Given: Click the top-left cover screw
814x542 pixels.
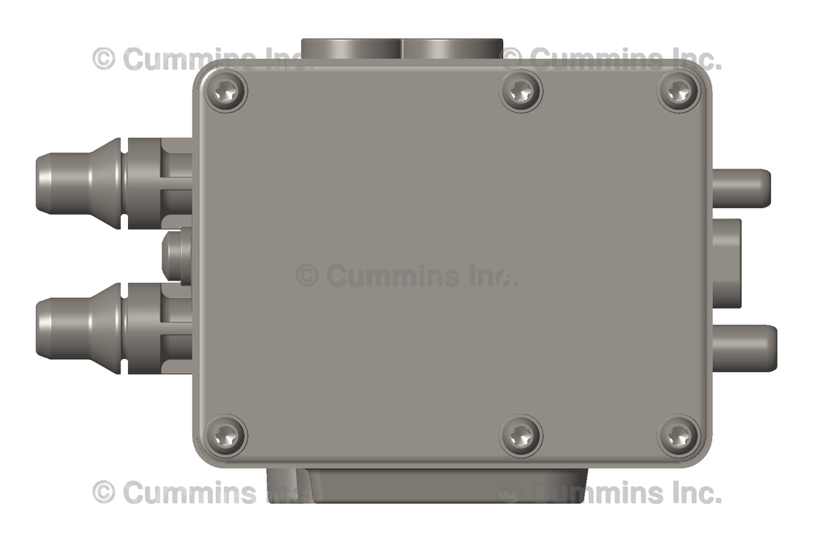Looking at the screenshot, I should pos(226,92).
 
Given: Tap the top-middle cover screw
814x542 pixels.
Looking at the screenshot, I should pos(521,91).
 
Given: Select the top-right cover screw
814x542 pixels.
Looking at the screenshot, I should pos(678,91).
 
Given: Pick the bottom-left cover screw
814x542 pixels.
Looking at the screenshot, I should pos(226,435).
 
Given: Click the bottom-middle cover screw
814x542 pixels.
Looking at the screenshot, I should pos(521,435).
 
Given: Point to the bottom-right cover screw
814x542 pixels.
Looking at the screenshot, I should pos(678,436).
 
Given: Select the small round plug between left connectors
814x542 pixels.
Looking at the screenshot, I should pos(176,255).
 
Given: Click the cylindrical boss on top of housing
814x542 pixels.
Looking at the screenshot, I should pos(401,48).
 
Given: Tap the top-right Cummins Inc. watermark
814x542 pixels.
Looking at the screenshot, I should pos(612,59).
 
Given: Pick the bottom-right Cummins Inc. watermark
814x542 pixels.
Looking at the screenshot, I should pos(612,493).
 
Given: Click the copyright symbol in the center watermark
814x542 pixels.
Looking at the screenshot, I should pos(307,276).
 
